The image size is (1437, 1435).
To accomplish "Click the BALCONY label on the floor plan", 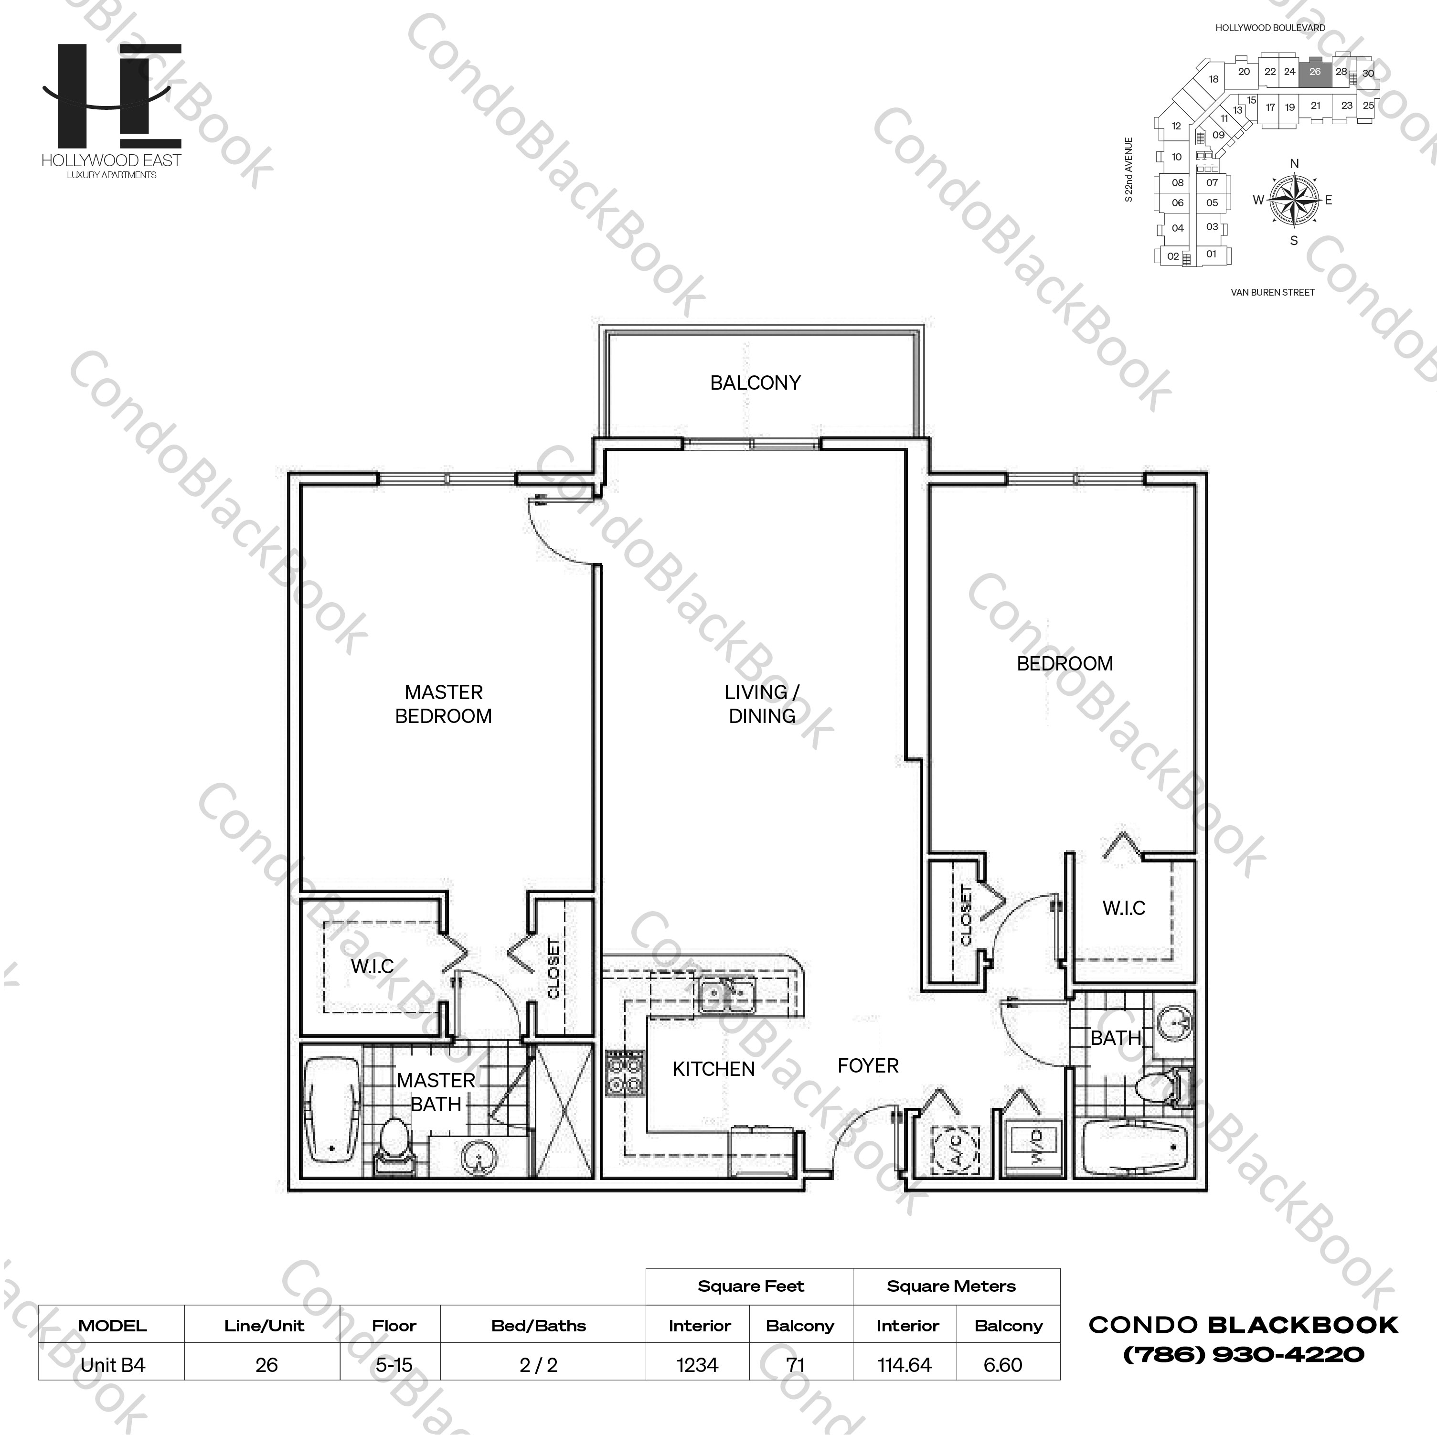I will point(755,383).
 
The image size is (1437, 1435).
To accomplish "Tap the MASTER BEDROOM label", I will point(443,704).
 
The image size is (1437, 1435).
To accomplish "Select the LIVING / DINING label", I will point(762,704).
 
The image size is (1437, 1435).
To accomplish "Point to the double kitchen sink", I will point(727,995).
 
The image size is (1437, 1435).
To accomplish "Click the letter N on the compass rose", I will point(1294,164).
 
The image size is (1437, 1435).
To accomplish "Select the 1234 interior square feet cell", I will point(698,1365).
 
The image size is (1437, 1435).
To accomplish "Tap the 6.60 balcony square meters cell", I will point(1002,1365).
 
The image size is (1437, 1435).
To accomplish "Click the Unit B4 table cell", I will point(112,1365).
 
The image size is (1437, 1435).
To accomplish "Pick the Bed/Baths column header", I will point(539,1326).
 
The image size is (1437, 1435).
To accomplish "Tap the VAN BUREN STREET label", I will point(1273,292).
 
